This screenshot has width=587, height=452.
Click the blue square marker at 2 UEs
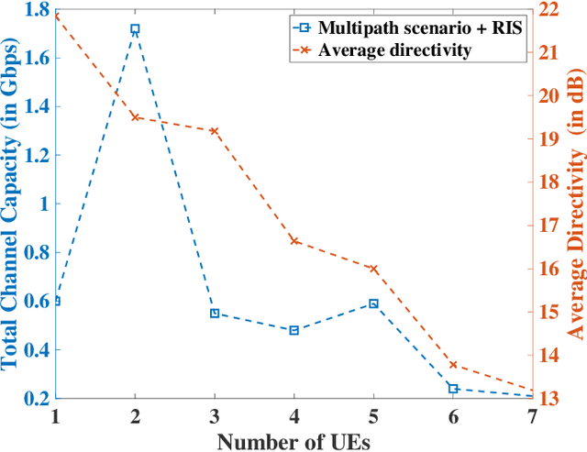click(136, 29)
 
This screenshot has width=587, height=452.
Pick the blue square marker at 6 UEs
click(452, 389)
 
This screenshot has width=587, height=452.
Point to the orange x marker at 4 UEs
click(293, 241)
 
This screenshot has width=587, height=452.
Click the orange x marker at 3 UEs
click(215, 131)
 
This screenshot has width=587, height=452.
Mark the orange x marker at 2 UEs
click(136, 117)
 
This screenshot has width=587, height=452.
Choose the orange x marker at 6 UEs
click(452, 365)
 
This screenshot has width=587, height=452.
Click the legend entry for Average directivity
click(394, 50)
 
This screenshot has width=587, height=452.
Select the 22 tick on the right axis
click(549, 11)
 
